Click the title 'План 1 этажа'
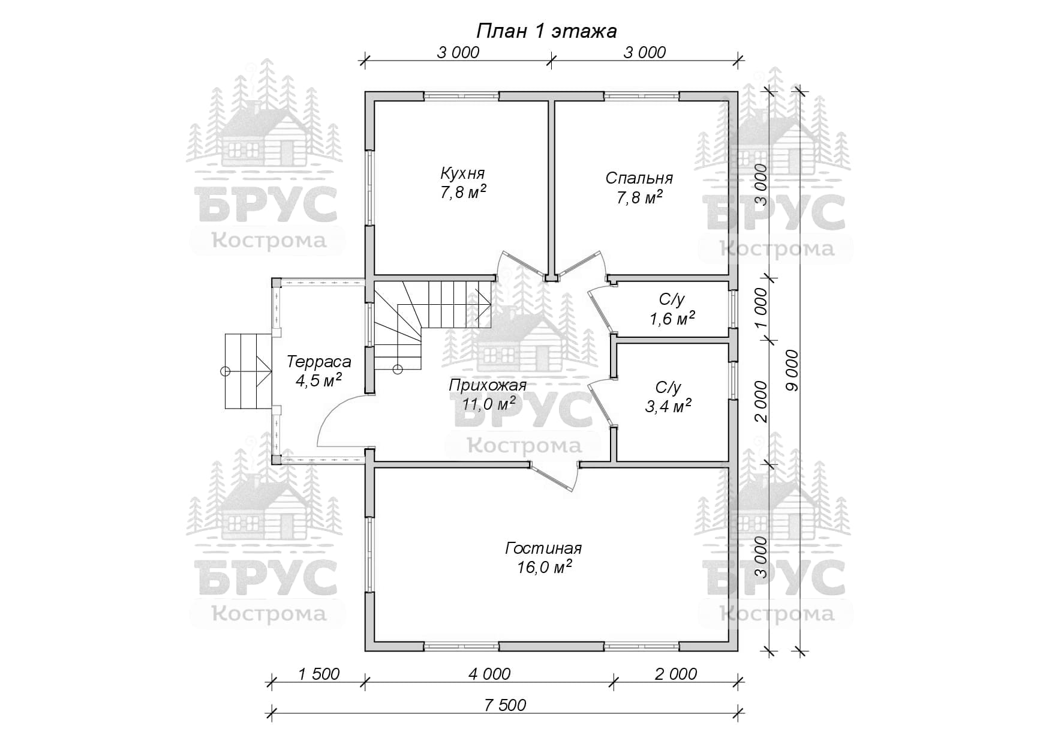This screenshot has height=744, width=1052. tap(546, 31)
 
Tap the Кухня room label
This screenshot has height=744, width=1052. tap(462, 174)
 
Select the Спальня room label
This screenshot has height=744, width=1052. tap(639, 178)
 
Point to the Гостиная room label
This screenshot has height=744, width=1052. tap(543, 548)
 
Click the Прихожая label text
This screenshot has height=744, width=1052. tap(488, 385)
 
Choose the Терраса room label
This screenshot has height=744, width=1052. tap(318, 362)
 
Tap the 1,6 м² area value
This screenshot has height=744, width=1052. tap(672, 319)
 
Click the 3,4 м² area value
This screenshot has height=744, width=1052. tap(668, 406)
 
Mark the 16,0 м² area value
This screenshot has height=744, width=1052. tap(544, 567)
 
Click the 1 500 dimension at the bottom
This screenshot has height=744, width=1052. tap(318, 674)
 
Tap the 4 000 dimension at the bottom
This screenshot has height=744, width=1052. tap(489, 674)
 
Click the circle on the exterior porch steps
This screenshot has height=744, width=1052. tap(226, 371)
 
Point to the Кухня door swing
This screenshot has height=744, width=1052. tap(512, 265)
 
